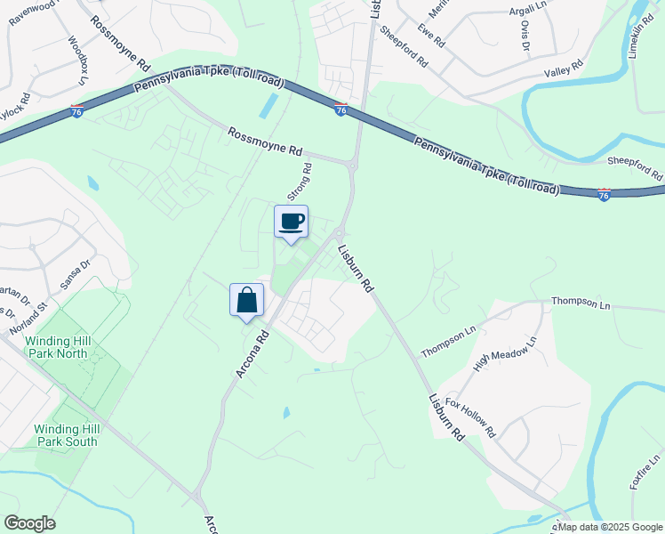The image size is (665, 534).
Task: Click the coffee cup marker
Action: tap(291, 222)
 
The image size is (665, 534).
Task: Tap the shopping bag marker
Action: tap(246, 300)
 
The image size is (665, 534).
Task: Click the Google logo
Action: tap(29, 523)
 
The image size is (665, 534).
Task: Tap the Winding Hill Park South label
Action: tap(66, 435)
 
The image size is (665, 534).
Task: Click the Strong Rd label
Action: tap(300, 181)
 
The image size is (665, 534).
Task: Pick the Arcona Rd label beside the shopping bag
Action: tap(252, 354)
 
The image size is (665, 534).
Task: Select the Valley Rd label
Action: tap(563, 66)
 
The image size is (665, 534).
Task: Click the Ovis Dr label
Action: tap(525, 36)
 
